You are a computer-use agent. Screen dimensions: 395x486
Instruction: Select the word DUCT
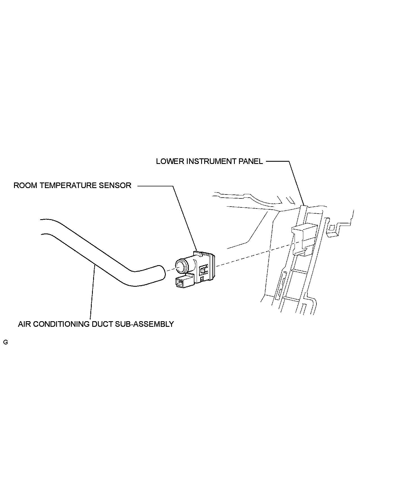(102, 324)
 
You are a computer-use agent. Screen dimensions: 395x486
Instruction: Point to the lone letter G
(5, 342)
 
